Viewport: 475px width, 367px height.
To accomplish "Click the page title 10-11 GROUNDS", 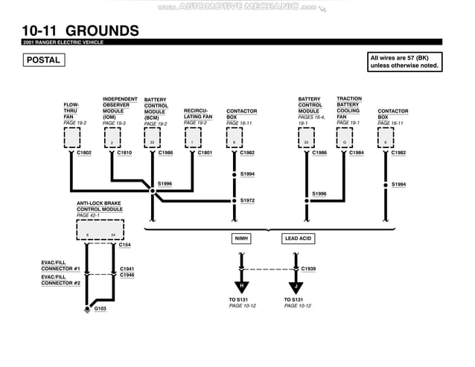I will point(80,31).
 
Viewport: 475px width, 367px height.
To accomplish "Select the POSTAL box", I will point(43,60).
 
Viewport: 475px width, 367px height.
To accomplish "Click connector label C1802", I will point(84,153).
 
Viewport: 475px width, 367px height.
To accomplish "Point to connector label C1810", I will point(124,153).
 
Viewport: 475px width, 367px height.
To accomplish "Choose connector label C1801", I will point(205,153).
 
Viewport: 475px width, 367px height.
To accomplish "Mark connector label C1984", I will point(357,153).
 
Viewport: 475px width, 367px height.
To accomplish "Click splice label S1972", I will point(247,200).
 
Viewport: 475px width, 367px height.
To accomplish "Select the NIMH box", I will point(241,239).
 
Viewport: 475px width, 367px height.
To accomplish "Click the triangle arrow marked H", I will point(240,287).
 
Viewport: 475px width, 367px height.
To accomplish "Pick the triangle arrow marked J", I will point(295,287).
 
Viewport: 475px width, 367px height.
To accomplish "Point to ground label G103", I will point(100,308).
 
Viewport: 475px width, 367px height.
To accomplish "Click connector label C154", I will point(125,244).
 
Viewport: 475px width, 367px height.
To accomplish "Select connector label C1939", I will point(308,268).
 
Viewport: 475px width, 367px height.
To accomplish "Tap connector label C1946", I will point(127,275).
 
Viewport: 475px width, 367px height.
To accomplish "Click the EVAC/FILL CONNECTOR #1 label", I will point(60,266).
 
